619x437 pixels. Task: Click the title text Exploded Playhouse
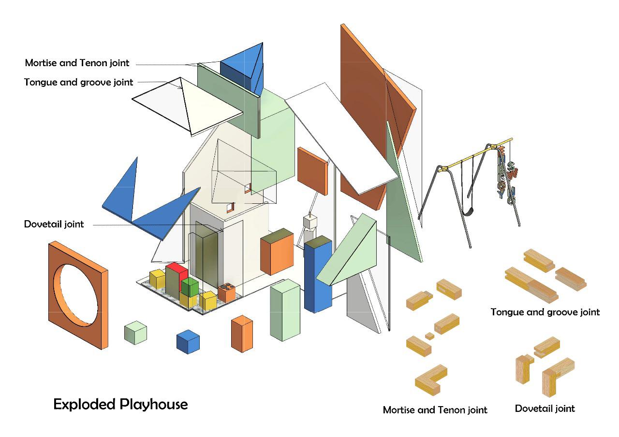coord(120,404)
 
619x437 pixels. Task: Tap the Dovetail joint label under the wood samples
coord(545,409)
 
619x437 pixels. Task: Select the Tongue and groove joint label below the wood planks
coord(545,312)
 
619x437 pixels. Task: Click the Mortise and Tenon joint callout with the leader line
coord(77,63)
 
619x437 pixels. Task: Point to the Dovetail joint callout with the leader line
coord(54,224)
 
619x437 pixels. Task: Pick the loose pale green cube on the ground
coord(135,333)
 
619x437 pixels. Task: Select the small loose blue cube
coord(188,341)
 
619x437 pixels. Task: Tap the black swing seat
coord(467,211)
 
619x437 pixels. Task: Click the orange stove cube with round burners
coord(226,293)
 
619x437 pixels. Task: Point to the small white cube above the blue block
coord(309,222)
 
